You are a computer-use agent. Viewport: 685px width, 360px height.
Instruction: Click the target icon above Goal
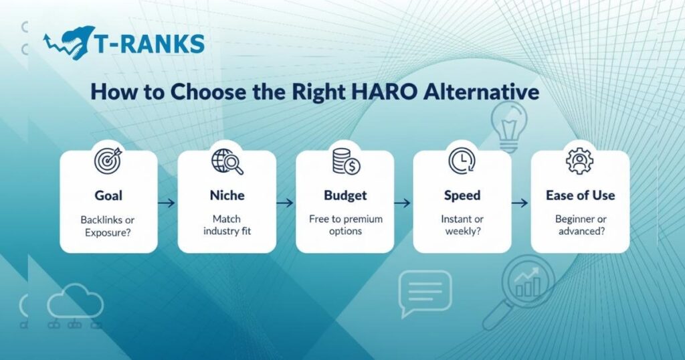(108, 162)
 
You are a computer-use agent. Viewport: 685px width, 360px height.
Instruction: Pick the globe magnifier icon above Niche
(227, 162)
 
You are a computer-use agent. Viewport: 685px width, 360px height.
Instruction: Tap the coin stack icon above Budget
(345, 162)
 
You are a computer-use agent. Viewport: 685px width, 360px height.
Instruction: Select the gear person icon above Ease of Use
(579, 162)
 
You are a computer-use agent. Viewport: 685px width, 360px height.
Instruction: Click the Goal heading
(108, 195)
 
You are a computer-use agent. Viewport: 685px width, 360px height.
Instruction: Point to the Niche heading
(226, 195)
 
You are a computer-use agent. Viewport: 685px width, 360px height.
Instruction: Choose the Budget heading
(345, 195)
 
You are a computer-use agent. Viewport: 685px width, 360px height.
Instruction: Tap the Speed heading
(462, 195)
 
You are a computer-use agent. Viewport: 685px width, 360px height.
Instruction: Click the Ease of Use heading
(580, 195)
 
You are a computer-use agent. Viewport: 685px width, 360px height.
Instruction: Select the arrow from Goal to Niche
(167, 201)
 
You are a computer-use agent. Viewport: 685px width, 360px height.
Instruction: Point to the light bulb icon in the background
(509, 124)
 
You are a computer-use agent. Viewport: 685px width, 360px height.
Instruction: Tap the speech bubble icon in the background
(425, 292)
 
